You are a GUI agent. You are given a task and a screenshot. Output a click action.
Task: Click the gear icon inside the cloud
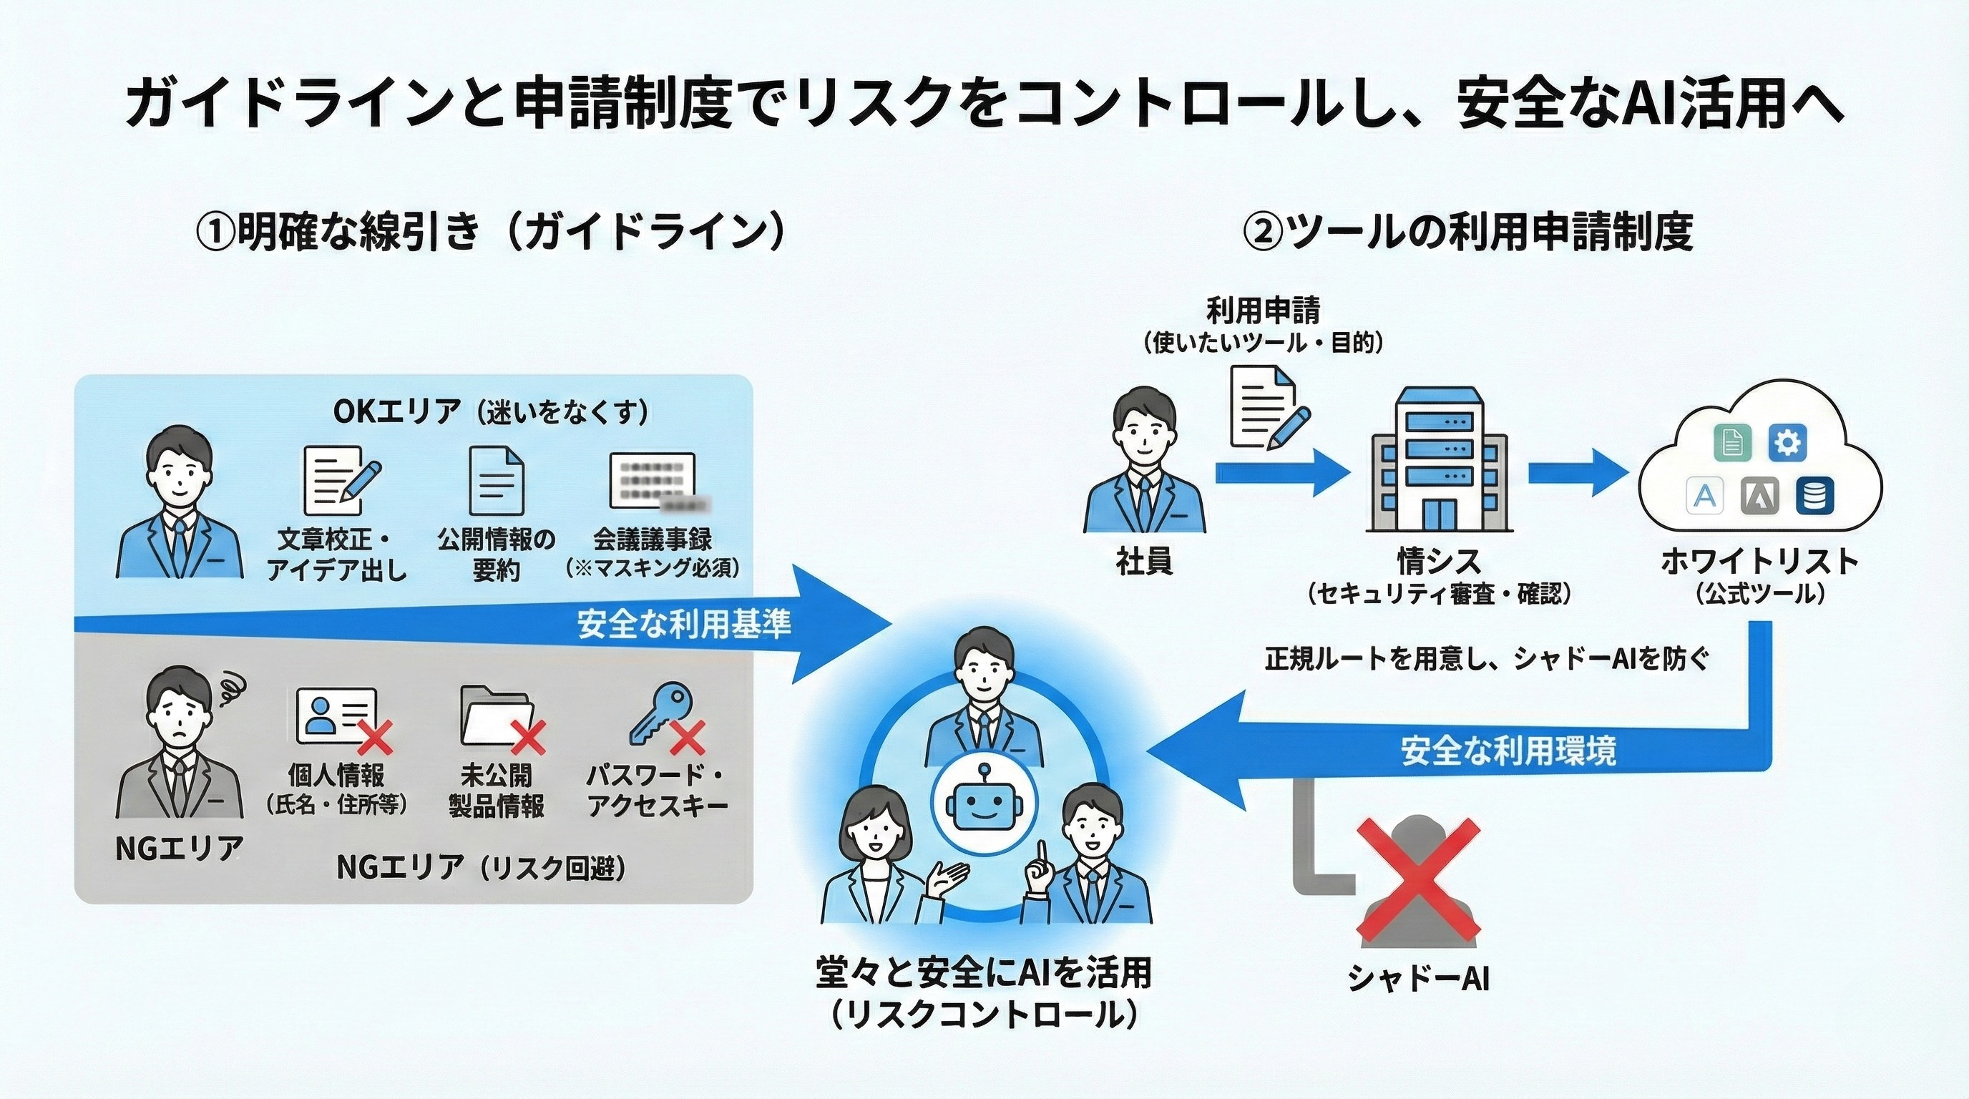(1788, 444)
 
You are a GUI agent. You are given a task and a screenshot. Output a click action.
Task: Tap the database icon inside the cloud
(1814, 496)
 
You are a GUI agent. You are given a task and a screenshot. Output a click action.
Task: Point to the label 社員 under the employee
(1144, 562)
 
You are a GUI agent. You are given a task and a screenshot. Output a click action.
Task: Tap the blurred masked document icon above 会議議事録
(655, 482)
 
